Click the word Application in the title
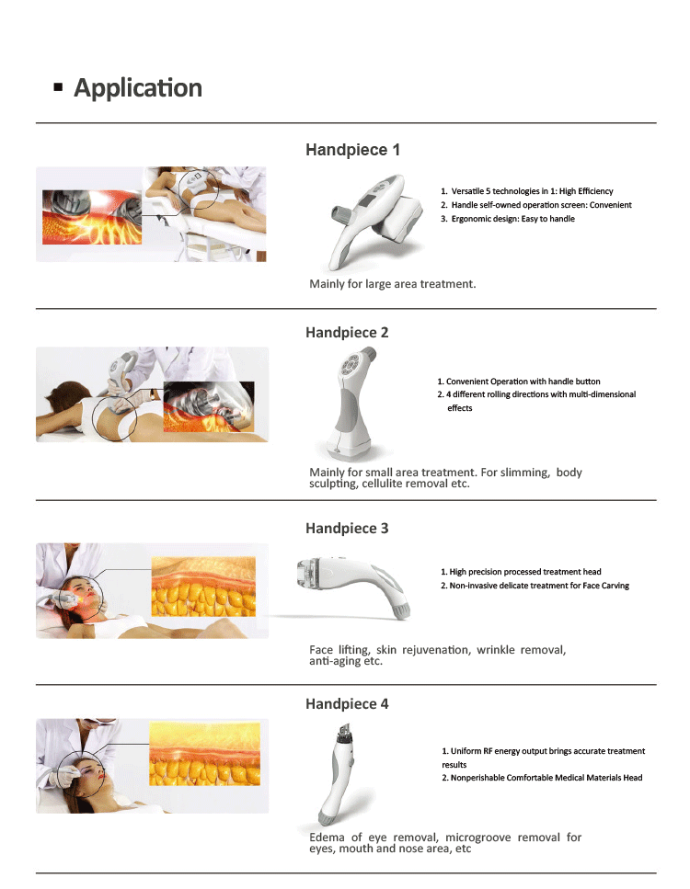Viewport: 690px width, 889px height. pos(138,88)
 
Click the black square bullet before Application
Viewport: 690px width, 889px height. pos(59,88)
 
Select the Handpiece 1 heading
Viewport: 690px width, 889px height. pos(352,150)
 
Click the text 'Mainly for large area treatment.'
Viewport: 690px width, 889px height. pos(393,284)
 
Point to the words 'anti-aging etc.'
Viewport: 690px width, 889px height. pos(346,661)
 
